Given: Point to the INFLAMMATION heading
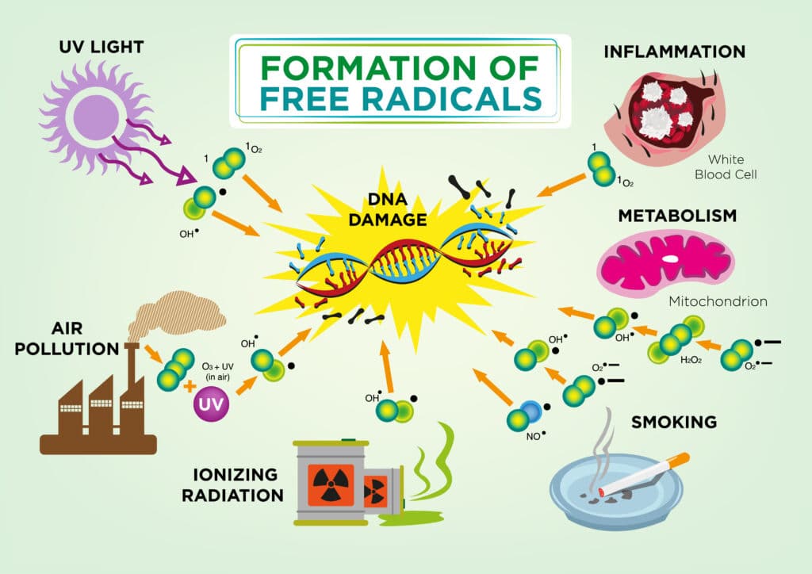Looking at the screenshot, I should click(674, 52).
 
